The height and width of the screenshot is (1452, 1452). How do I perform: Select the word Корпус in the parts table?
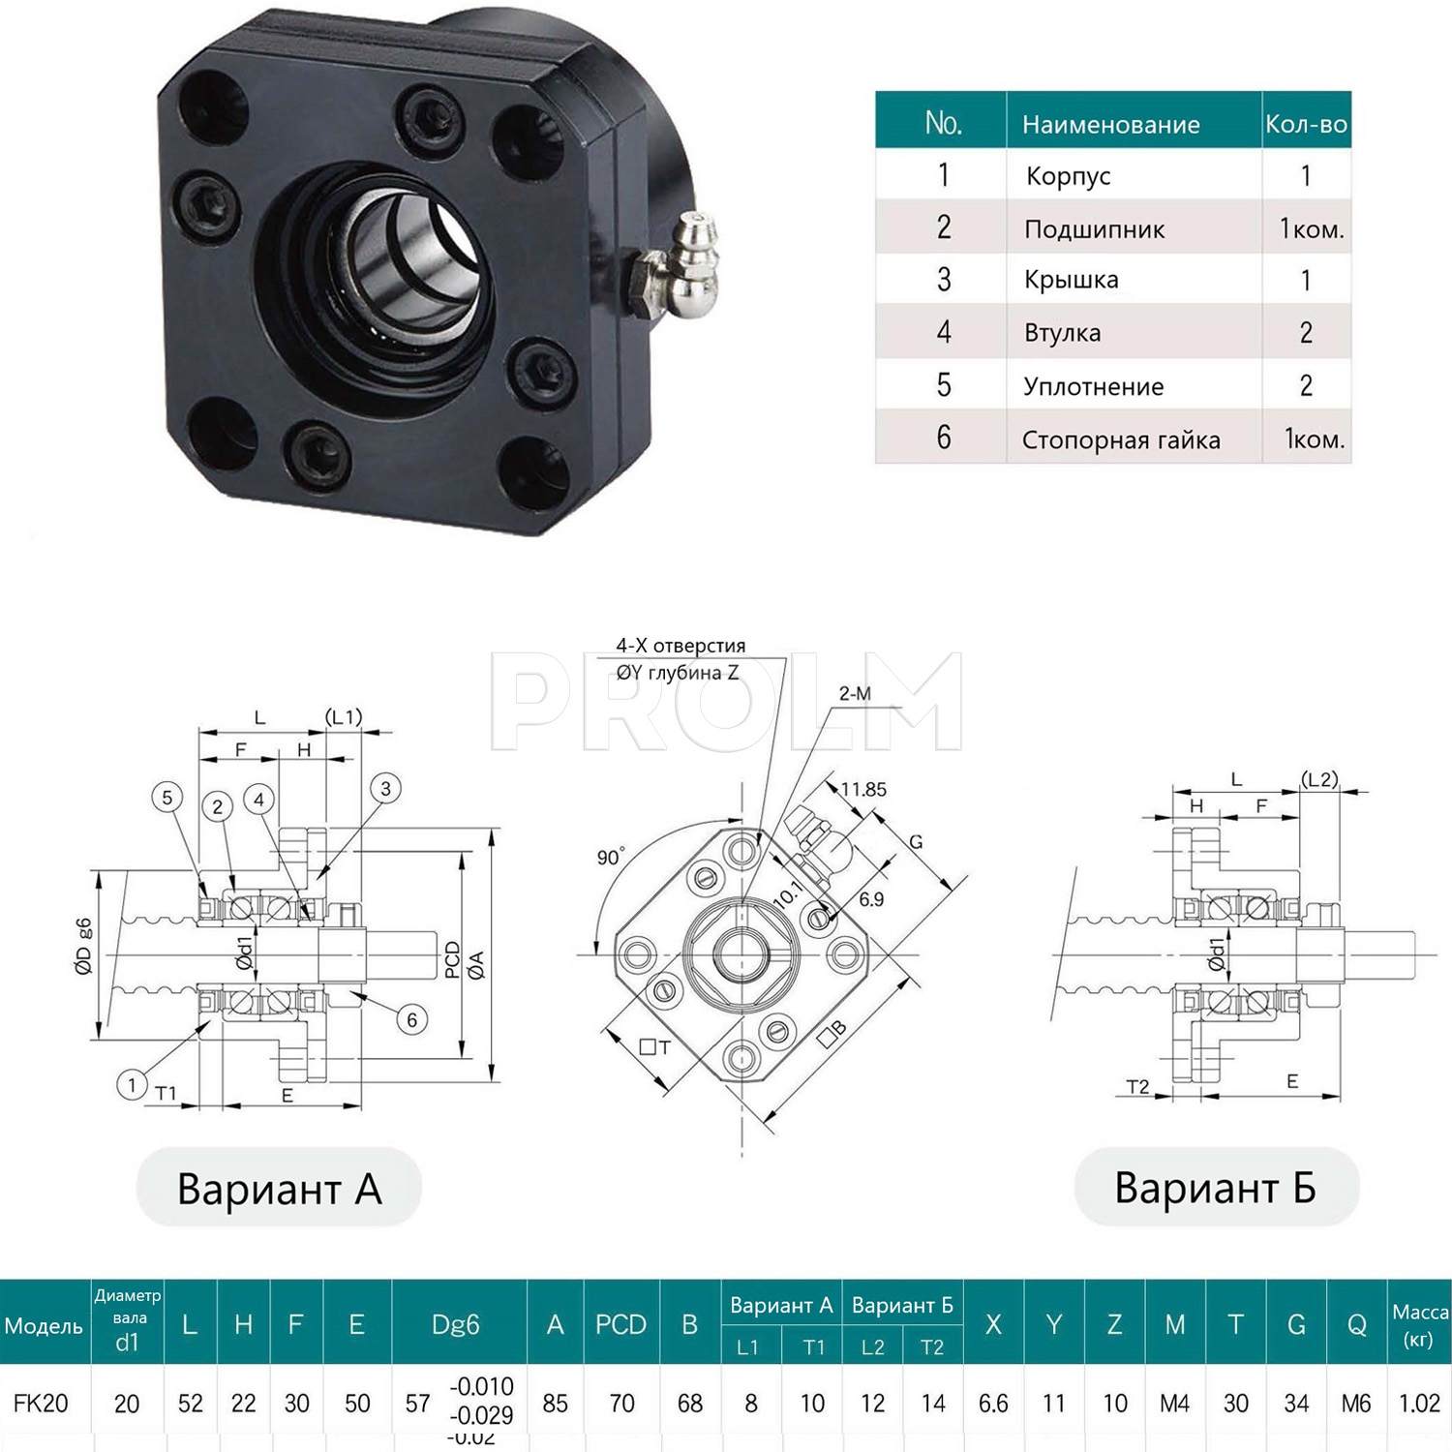coord(1068,176)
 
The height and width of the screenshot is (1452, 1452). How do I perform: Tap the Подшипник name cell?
coord(1094,229)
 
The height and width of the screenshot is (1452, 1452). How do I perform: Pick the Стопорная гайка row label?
coord(1120,440)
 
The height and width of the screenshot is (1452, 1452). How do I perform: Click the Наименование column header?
coord(1110,124)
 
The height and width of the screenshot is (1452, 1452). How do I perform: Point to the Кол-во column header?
coord(1306,124)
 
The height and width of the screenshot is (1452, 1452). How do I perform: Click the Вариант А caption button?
coord(279,1188)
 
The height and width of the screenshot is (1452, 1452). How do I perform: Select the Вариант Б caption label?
coord(1216,1188)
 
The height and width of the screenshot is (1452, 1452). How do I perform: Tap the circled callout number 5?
coord(167,798)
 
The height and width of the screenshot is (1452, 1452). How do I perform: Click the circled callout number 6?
coord(412,1019)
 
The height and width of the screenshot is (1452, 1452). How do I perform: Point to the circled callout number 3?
coord(385,788)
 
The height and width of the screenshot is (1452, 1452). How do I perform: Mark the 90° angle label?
coord(611,857)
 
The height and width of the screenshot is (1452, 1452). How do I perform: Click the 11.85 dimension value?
coord(863,789)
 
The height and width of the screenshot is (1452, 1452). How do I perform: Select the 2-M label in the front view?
coord(855,693)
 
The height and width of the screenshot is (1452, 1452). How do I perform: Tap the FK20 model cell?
coord(41,1404)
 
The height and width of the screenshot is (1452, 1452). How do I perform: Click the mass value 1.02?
coord(1419,1404)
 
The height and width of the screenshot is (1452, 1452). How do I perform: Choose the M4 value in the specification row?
coord(1174,1404)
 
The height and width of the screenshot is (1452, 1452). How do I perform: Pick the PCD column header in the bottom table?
coord(620,1324)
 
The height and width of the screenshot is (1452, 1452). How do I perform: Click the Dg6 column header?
coord(455,1324)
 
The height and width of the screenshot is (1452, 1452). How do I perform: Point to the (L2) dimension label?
coord(1319,779)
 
